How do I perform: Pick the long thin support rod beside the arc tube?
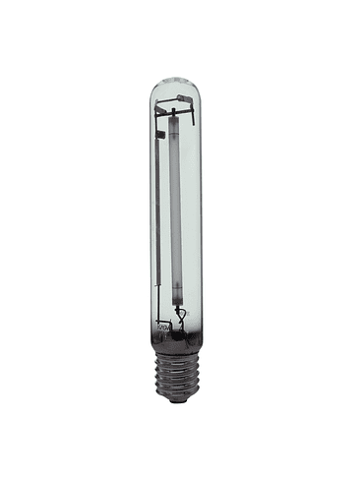click(155, 216)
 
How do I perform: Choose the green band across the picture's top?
click(180, 30)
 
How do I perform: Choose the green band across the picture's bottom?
click(180, 450)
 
